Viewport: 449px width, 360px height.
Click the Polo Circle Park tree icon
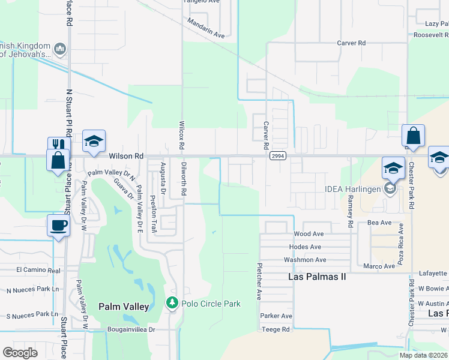(x=172, y=303)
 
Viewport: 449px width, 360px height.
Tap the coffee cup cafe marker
(x=58, y=226)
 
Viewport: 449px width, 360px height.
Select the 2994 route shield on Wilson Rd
(x=277, y=155)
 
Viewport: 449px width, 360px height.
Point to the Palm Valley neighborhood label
(x=124, y=307)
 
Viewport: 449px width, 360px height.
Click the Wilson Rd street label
(x=126, y=155)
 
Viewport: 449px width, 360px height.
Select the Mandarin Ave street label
(x=206, y=28)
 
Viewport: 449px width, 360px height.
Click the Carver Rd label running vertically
(x=265, y=136)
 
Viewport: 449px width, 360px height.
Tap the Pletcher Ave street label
(x=259, y=281)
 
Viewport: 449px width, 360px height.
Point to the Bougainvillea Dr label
(x=131, y=329)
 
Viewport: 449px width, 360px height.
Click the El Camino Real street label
(x=38, y=270)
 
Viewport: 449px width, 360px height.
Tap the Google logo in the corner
(x=20, y=353)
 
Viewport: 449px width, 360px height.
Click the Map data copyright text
(x=424, y=355)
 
